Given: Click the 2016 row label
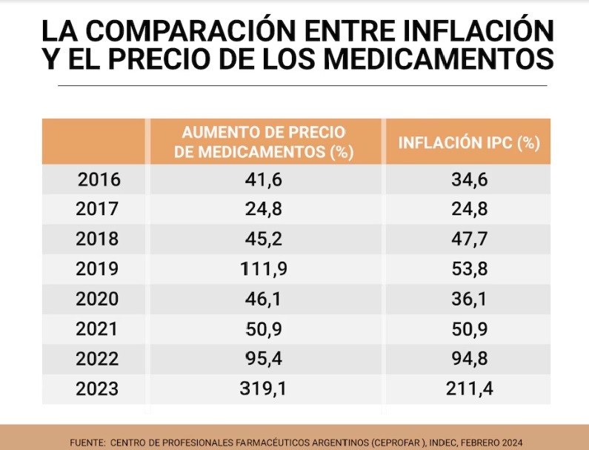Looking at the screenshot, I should [x=99, y=179].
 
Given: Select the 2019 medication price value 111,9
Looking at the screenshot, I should [x=264, y=269].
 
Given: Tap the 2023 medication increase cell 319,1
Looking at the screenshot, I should [x=264, y=388].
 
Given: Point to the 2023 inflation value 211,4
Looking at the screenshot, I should [x=467, y=388].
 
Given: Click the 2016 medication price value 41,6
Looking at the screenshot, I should [x=264, y=179].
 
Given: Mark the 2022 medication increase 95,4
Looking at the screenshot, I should [x=264, y=359].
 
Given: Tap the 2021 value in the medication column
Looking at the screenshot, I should [x=264, y=329].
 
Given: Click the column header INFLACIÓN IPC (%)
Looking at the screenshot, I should [x=468, y=142].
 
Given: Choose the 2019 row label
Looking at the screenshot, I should [x=97, y=269].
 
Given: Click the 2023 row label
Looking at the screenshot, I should [x=97, y=388].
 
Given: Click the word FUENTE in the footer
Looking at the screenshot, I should [x=87, y=443].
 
